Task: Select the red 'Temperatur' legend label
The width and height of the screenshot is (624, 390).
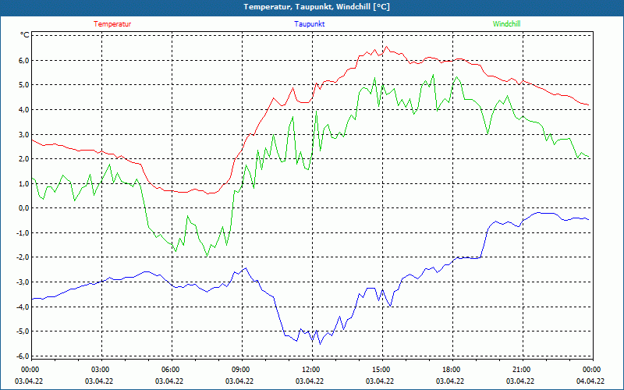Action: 112,24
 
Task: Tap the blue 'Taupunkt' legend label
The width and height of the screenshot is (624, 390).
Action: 310,24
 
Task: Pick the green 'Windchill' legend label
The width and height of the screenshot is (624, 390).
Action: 507,24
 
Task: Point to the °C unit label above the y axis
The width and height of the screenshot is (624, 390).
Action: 25,35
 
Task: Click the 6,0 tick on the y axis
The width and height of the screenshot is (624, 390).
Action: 23,60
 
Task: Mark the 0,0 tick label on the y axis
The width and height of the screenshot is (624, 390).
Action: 23,208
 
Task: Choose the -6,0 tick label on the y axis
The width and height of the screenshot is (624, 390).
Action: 23,356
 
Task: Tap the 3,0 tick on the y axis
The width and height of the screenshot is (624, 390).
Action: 23,134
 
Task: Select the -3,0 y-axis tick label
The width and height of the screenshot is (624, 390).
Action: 23,282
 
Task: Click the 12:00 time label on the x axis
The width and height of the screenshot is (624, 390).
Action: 310,370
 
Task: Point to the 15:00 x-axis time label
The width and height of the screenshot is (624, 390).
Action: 381,370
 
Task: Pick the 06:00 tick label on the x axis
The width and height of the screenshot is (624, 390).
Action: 170,370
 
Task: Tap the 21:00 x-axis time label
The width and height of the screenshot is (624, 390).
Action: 521,370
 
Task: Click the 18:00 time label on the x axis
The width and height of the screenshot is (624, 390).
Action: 451,370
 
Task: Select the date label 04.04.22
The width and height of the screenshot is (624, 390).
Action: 590,381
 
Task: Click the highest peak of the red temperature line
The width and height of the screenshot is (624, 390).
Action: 385,46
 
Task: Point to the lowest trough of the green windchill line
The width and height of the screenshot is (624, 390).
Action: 207,256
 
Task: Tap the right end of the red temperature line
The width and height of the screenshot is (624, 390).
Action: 590,105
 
